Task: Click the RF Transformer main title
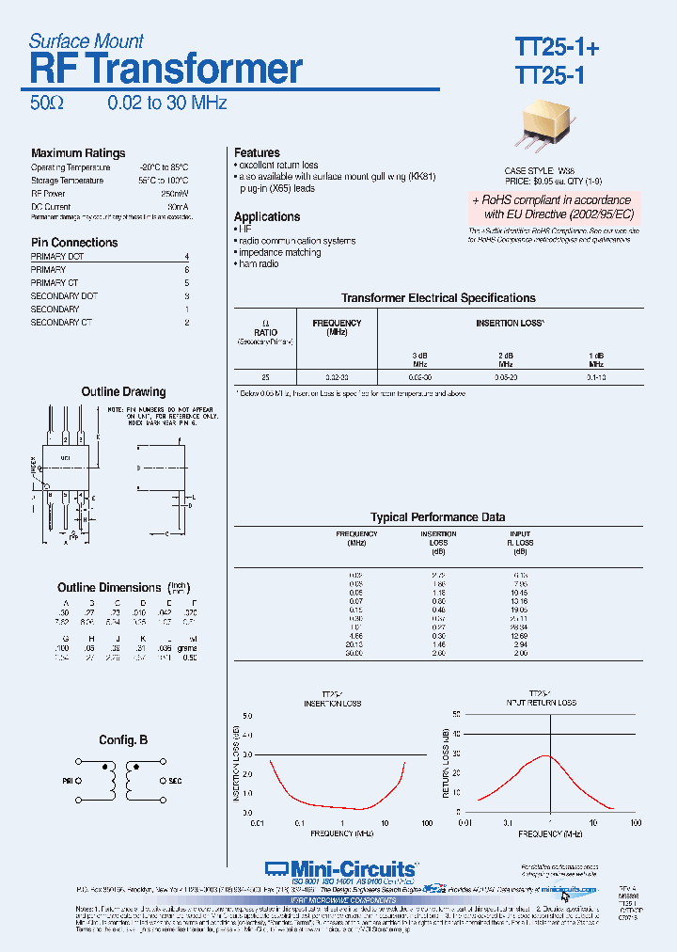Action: point(165,70)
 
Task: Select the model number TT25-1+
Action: point(556,47)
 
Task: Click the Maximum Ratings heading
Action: point(77,153)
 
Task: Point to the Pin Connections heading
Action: point(74,242)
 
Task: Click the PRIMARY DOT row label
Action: point(57,257)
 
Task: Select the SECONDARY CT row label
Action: point(61,323)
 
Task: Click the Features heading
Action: point(257,152)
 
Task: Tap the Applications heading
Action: point(267,216)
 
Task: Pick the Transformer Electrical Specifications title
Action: point(438,298)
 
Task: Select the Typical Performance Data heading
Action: point(437,517)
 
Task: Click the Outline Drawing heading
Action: point(123,391)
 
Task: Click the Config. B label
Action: point(123,740)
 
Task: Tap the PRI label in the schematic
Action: point(68,781)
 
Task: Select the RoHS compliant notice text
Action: point(552,207)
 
